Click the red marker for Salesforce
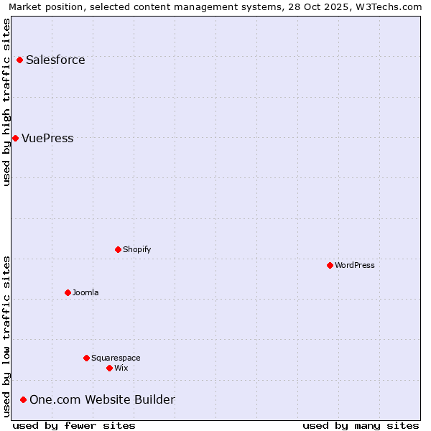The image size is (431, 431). [19, 60]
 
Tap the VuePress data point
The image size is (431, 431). [15, 138]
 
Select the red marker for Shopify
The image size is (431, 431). [118, 249]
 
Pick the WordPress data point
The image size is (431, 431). [330, 265]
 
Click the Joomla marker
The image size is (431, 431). [68, 292]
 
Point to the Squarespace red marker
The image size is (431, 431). [86, 358]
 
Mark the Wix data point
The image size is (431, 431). [109, 368]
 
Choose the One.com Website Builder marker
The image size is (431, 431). [23, 399]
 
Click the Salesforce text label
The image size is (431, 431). [55, 60]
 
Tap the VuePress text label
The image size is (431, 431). [47, 138]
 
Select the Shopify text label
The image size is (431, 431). [136, 249]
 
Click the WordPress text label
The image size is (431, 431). [355, 265]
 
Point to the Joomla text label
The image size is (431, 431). [85, 292]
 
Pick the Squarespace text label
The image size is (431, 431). [116, 358]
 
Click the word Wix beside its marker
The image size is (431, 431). [121, 368]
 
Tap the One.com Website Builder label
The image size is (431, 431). [102, 399]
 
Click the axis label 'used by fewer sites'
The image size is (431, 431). [74, 425]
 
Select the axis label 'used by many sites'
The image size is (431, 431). [361, 425]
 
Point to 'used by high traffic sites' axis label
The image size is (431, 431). [6, 102]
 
